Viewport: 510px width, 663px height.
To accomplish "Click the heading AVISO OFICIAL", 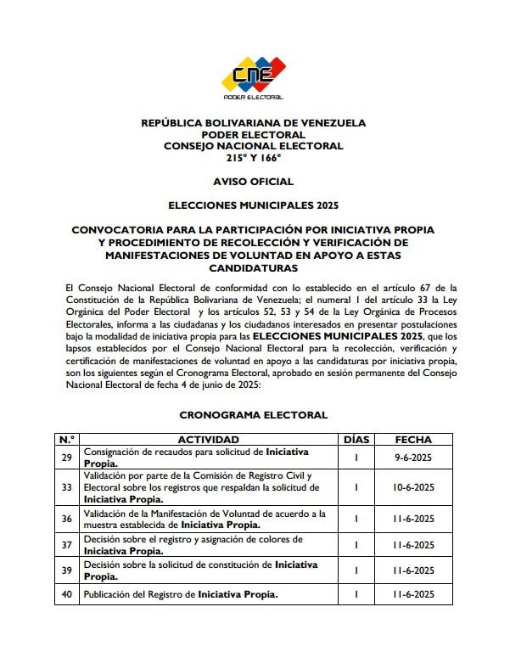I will pos(253,182).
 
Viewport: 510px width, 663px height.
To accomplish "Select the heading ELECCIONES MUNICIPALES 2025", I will pos(253,205).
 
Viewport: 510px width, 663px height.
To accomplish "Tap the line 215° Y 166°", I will pos(253,158).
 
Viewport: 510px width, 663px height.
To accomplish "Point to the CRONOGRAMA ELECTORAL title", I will pos(253,415).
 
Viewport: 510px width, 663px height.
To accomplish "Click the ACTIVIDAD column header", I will pos(208,440).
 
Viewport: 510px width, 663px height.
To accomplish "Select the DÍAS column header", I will pos(357,440).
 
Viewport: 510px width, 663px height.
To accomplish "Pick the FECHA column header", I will pos(414,440).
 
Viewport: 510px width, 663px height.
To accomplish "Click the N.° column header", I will pos(66,440).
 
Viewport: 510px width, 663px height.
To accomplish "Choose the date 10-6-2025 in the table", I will pos(414,487).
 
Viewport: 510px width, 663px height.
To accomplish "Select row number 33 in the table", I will pos(66,487).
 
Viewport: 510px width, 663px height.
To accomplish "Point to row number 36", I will pos(66,519).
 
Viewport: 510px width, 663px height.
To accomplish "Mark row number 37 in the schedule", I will pos(66,544).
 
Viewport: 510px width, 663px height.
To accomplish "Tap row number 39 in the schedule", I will pos(66,570).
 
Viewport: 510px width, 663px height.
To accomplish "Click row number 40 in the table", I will pos(66,594).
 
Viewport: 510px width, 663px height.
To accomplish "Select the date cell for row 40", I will pos(414,594).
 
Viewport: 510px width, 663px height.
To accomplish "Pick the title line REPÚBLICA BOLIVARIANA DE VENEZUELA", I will pos(253,123).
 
